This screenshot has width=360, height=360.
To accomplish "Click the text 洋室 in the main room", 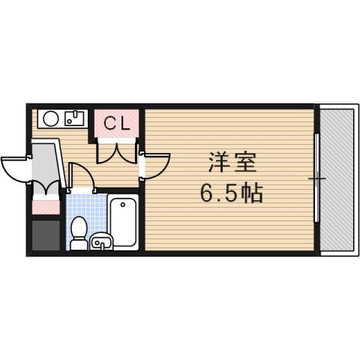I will (231, 163).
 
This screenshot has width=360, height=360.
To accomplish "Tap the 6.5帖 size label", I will (231, 193).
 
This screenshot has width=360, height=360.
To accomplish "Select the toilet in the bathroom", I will (78, 233).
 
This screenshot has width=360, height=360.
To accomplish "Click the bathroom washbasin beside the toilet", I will (101, 241).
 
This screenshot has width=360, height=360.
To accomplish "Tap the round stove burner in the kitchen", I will (51, 118).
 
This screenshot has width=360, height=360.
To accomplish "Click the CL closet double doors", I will (117, 152).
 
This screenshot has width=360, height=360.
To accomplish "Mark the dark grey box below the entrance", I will (45, 235).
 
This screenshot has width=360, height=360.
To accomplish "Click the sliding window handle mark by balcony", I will (317, 178).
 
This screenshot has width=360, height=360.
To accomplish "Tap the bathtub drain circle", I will (122, 204).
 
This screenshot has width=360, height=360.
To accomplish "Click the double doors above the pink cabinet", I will (45, 187).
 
